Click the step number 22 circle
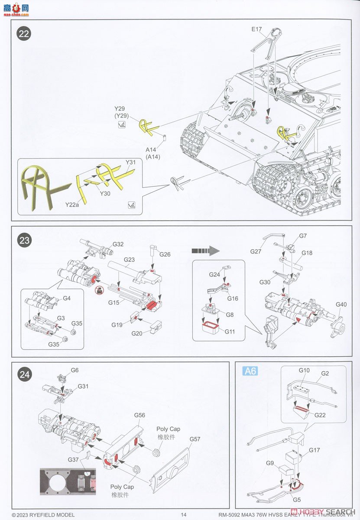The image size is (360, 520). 24,35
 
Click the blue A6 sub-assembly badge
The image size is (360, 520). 250,371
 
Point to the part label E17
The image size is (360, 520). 257,30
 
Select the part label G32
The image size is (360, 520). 118,244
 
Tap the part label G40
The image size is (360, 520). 341,305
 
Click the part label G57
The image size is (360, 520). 195,439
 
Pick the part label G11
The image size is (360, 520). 230,331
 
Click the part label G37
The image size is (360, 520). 73,459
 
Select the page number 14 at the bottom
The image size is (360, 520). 184,514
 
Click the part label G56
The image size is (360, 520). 139,415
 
